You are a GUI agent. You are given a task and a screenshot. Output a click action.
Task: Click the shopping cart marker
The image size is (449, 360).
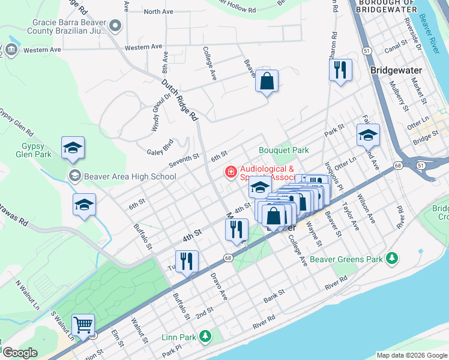tap(83, 325)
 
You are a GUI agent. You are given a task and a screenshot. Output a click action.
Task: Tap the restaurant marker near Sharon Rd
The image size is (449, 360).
tap(340, 70)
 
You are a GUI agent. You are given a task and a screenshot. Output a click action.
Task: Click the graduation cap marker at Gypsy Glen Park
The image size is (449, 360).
tap(73, 148)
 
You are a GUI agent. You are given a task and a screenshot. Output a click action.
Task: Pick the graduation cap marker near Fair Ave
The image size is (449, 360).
tap(368, 135)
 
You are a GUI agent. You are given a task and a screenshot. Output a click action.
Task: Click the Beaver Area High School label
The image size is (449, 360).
tap(130, 176)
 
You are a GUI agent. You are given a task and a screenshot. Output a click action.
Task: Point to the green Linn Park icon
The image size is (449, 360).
tap(206, 335)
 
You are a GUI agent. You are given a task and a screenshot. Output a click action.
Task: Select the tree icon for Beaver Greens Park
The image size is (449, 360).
tap(392, 258)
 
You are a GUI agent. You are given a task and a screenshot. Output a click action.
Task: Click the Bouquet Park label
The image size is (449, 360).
tap(283, 150)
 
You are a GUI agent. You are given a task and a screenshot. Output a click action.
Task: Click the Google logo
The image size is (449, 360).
tap(19, 353)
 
